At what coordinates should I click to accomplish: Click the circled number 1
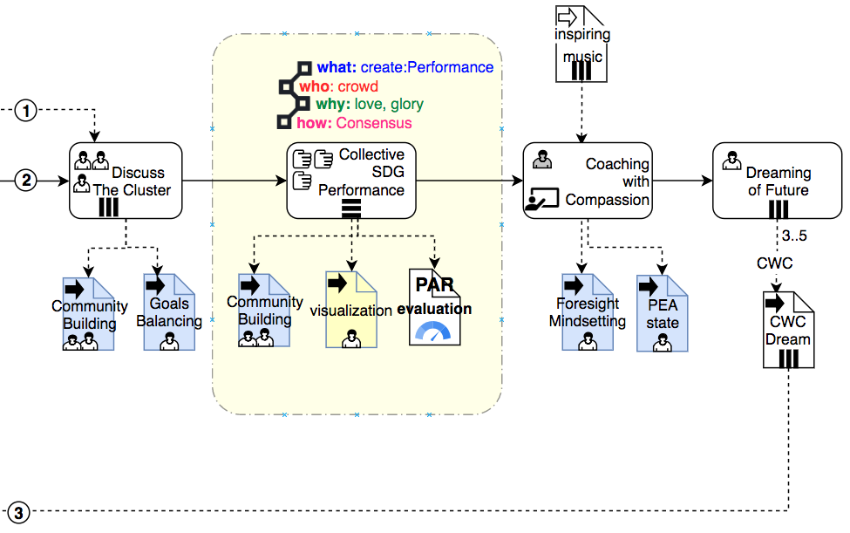pyautogui.click(x=28, y=111)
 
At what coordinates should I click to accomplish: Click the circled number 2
pyautogui.click(x=28, y=181)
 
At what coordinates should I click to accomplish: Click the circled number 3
pyautogui.click(x=20, y=512)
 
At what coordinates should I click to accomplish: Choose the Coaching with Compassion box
pyautogui.click(x=588, y=181)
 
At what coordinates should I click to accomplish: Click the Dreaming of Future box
pyautogui.click(x=778, y=181)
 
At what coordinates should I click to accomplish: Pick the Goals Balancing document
pyautogui.click(x=169, y=312)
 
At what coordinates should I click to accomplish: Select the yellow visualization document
pyautogui.click(x=351, y=310)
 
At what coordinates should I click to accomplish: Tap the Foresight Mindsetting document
pyautogui.click(x=588, y=312)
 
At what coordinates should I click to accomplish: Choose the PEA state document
pyautogui.click(x=662, y=312)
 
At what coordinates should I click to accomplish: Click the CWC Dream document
pyautogui.click(x=787, y=331)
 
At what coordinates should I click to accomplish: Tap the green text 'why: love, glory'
pyautogui.click(x=370, y=105)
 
